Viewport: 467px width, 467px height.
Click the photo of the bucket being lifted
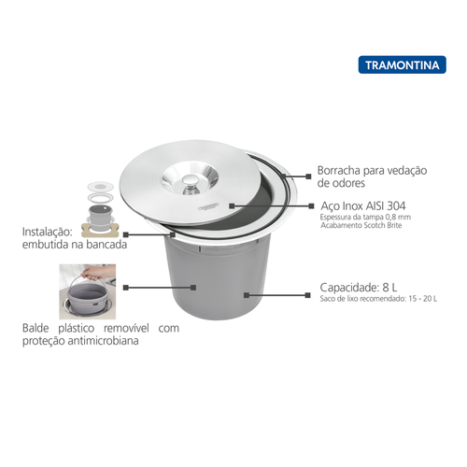click(x=89, y=292)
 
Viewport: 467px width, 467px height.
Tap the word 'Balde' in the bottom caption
click(x=39, y=329)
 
